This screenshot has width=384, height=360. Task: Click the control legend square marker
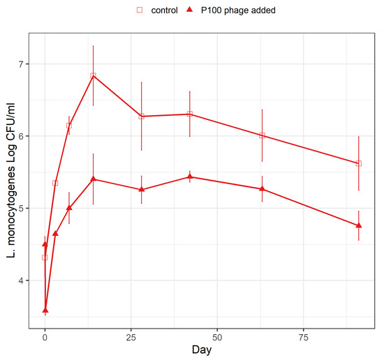point(139,10)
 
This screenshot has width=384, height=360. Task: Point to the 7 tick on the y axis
point(27,64)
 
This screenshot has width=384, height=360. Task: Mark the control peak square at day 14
point(93,75)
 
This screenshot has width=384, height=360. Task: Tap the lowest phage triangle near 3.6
point(45,310)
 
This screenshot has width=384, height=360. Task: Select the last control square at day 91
point(359,163)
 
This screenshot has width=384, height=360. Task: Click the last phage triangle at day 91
point(359,225)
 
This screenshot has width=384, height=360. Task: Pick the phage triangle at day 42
point(190,177)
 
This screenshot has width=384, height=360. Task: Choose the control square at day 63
point(263,135)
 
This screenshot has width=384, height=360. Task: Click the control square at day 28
point(142,117)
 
